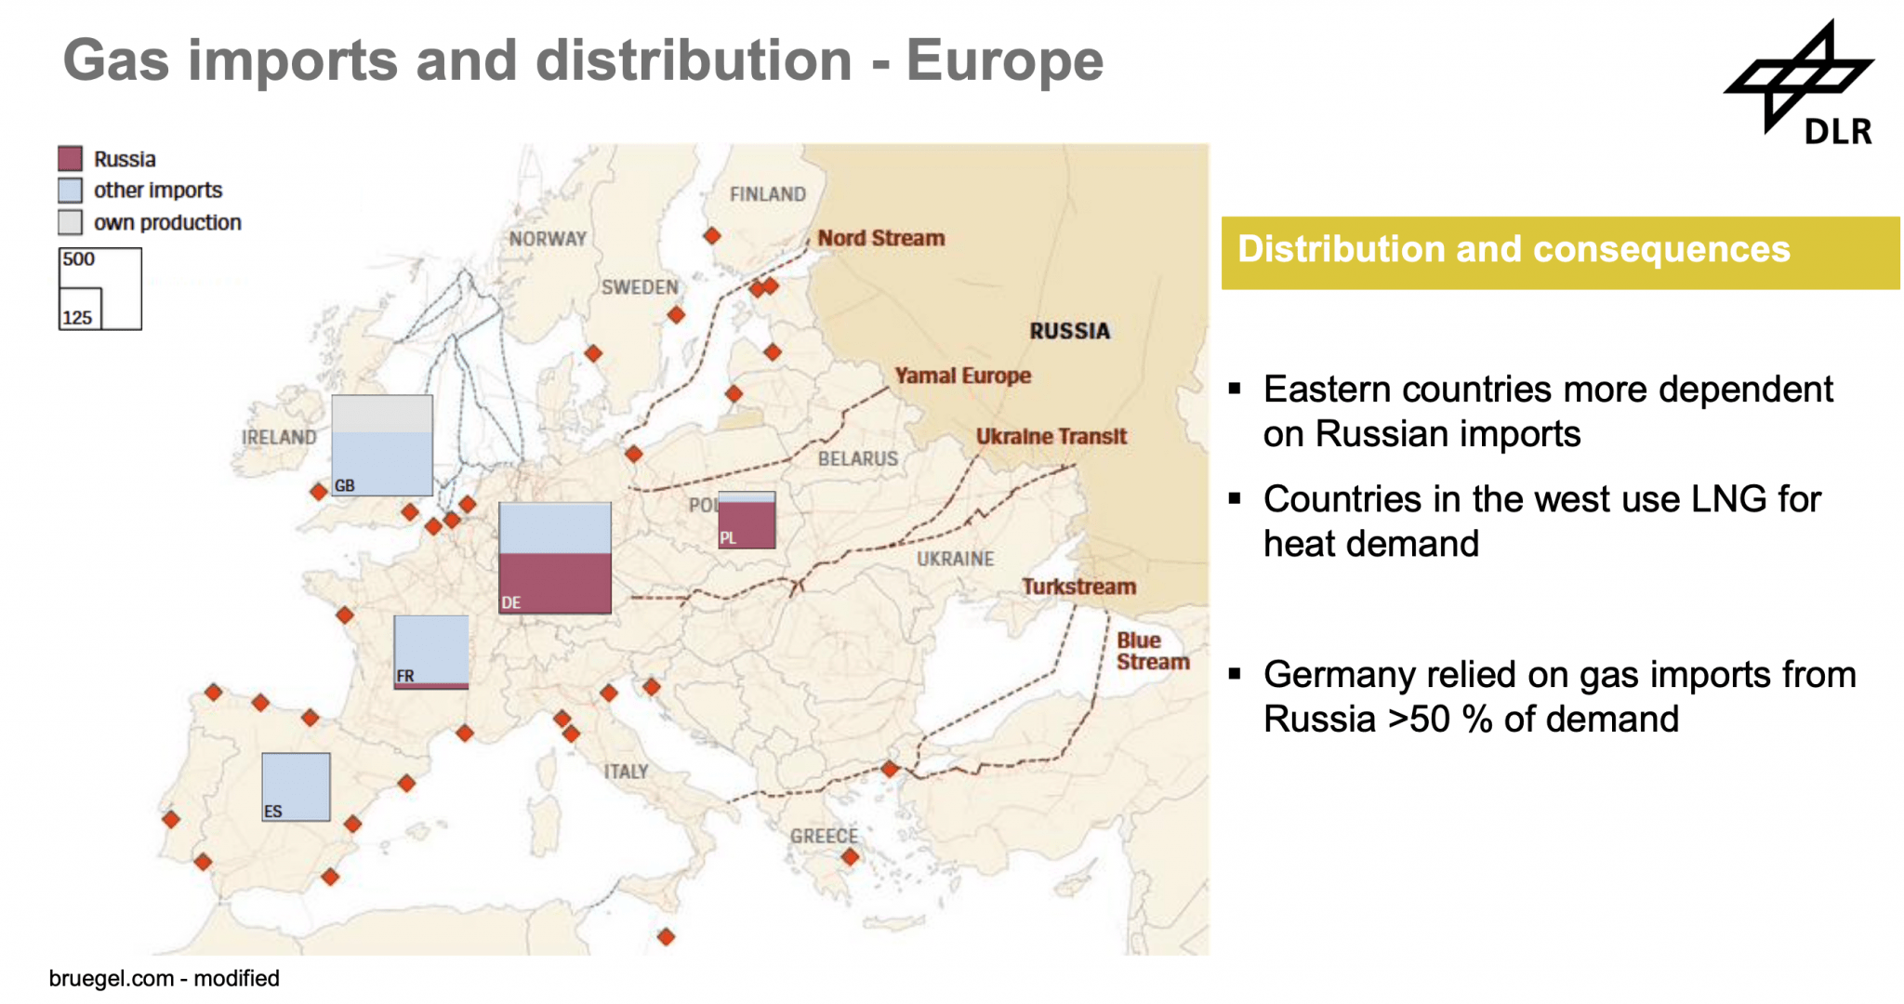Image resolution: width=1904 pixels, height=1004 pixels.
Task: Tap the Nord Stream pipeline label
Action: click(x=880, y=238)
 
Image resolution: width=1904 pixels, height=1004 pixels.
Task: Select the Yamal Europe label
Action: click(x=962, y=376)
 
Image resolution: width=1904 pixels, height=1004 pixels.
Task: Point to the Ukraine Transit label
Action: click(x=1051, y=436)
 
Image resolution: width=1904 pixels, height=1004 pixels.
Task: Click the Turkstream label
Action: click(x=1078, y=587)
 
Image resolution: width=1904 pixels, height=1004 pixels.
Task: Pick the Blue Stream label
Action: click(x=1151, y=651)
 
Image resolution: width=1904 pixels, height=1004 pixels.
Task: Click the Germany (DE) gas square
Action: click(x=555, y=558)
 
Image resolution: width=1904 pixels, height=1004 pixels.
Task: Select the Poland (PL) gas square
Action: click(x=747, y=521)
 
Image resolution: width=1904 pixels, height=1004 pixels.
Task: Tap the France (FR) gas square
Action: click(x=430, y=651)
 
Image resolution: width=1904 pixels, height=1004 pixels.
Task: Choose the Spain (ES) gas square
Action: click(x=296, y=786)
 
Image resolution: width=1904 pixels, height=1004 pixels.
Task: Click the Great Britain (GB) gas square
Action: click(x=382, y=445)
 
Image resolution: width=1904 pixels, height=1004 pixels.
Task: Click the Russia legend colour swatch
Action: click(x=70, y=158)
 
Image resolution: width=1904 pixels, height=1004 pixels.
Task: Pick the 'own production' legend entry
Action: click(x=166, y=222)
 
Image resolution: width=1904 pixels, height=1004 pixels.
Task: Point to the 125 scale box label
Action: click(x=77, y=318)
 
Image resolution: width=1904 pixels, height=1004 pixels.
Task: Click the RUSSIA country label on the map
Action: click(x=1069, y=331)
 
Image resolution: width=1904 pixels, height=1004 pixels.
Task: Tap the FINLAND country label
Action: click(x=767, y=194)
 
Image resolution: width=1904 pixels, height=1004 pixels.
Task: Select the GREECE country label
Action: click(x=824, y=836)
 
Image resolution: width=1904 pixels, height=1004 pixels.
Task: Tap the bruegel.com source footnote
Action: click(x=164, y=978)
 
